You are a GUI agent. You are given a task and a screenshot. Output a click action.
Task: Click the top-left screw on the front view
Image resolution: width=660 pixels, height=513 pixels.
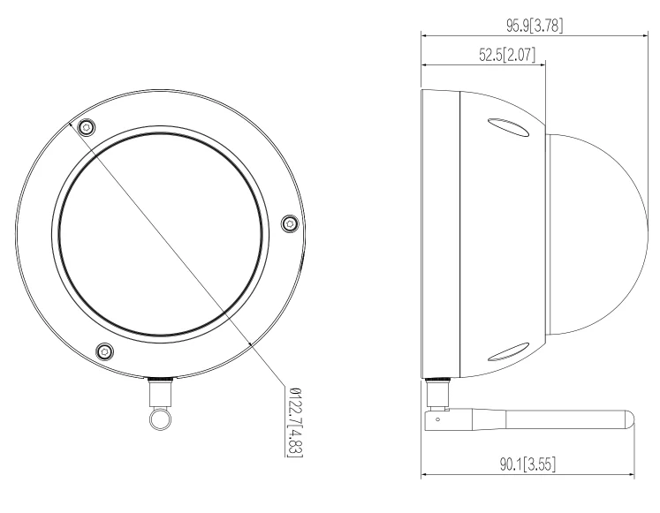point(86,128)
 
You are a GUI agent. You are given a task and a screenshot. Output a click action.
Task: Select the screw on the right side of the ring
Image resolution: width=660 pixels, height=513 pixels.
point(288,224)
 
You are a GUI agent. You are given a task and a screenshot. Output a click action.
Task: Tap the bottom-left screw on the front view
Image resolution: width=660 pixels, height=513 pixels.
point(104,352)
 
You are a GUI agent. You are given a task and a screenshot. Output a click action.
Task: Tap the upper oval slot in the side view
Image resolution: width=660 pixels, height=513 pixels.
point(508,130)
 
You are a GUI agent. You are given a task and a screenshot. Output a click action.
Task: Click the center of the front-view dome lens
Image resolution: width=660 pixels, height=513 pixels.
point(160,234)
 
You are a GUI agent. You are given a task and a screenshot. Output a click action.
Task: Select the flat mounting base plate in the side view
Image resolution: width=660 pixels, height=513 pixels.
point(440,234)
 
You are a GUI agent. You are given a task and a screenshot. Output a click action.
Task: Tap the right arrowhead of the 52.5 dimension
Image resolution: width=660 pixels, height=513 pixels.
point(543,64)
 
